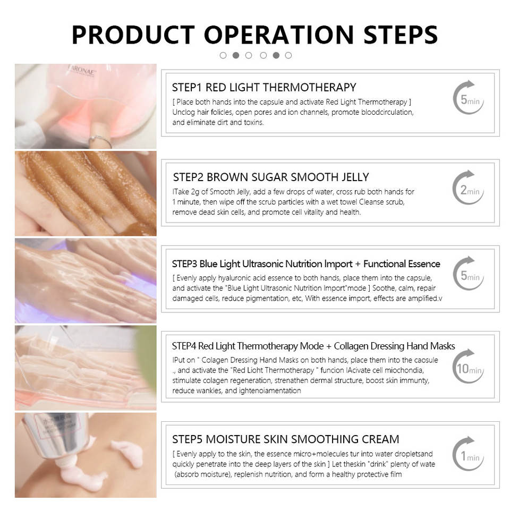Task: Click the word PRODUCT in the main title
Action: (133, 35)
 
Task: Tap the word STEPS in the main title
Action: (401, 35)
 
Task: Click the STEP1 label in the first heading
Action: (187, 88)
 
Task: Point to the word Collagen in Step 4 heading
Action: (351, 346)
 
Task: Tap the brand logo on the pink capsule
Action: (81, 71)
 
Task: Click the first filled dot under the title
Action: (236, 55)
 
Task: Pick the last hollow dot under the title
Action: (288, 55)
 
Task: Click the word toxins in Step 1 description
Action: (253, 123)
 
